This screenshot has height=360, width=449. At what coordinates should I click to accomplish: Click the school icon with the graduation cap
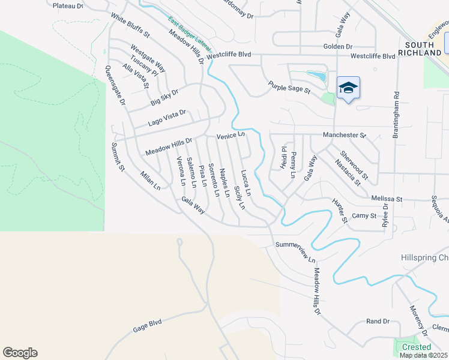[348, 88]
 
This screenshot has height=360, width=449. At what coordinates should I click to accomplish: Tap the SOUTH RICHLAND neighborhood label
[423, 49]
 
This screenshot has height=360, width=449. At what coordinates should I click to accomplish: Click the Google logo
[20, 353]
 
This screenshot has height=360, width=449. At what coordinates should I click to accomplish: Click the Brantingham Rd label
[396, 115]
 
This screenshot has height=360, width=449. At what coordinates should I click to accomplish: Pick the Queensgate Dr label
[115, 86]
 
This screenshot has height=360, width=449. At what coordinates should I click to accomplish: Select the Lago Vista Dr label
[167, 118]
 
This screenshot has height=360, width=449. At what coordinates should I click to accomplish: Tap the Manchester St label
[344, 135]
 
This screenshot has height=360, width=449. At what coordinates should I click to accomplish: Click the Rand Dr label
[378, 322]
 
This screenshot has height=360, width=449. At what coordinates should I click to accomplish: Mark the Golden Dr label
[337, 46]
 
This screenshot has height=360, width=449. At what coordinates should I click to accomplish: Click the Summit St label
[117, 157]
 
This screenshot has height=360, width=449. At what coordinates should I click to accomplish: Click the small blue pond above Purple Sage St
[316, 76]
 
